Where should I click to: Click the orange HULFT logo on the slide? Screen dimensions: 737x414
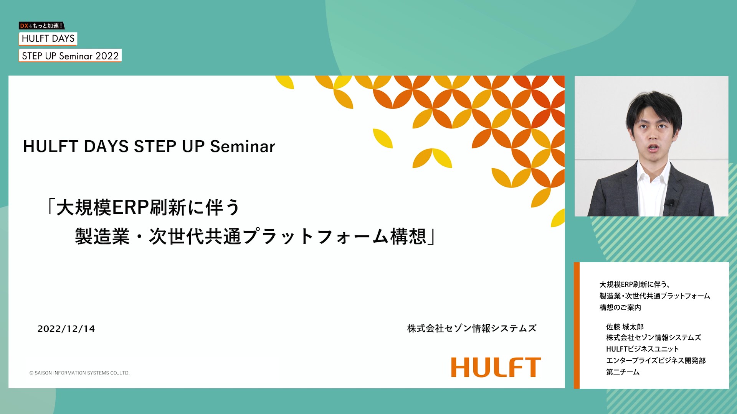coord(496,367)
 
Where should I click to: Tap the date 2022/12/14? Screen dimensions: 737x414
coord(66,329)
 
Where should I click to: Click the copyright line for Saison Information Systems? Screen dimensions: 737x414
coord(79,373)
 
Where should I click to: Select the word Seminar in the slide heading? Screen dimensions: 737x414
coord(243,146)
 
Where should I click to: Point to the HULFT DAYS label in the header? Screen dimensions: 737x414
coord(48,38)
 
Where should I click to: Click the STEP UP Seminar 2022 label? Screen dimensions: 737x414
coord(70,56)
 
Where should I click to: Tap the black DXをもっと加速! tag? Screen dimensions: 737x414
coord(41,26)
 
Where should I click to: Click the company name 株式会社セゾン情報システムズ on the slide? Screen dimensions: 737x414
coord(472,329)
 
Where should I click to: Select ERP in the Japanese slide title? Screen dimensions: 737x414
coord(130,207)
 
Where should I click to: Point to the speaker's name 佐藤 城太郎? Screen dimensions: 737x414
coord(625,327)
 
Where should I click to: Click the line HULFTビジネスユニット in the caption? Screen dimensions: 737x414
coord(643,349)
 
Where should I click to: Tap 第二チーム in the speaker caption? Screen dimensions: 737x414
coord(623,372)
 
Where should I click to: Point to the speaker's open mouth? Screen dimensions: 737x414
coord(653,148)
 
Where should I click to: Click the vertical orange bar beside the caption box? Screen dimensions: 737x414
coord(577,325)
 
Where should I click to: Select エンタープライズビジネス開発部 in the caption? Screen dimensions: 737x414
coord(656,361)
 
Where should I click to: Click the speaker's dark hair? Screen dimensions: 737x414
coord(653,107)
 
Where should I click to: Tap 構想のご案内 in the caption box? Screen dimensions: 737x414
coord(620,307)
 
